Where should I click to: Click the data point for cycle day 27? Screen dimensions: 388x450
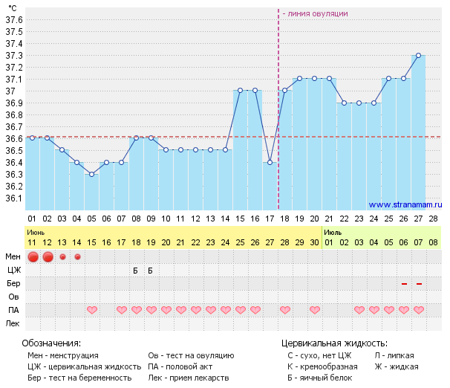[x=418, y=55]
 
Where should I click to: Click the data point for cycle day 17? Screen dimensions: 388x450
[x=270, y=162]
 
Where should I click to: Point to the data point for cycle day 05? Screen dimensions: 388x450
[x=91, y=174]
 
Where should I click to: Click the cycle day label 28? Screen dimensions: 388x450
[x=433, y=219]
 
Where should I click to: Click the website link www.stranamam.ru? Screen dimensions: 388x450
[x=405, y=204]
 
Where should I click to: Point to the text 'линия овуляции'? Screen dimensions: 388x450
[x=318, y=13]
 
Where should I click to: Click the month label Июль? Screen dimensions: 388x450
[x=333, y=232]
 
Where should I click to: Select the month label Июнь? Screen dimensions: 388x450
[x=35, y=232]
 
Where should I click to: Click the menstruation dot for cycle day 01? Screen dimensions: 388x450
[x=33, y=257]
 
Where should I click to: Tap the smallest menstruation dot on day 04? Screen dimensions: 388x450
[x=77, y=257]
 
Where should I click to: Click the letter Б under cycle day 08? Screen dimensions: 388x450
[x=136, y=271]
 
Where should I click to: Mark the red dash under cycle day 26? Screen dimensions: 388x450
[x=404, y=283]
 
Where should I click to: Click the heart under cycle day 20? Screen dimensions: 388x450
[x=314, y=309]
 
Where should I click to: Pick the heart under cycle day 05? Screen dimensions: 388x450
[x=92, y=309]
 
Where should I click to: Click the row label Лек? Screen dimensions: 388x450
[x=13, y=323]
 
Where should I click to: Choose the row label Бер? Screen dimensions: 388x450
[x=13, y=284]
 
